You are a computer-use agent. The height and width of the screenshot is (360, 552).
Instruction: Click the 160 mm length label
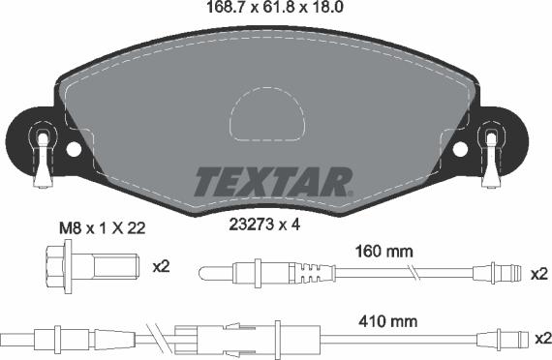[384, 251]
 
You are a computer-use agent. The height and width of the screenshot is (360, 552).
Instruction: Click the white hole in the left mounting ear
[74, 149]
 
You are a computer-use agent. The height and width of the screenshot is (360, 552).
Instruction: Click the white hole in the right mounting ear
[460, 149]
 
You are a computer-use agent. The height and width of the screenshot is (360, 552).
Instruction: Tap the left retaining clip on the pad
[43, 155]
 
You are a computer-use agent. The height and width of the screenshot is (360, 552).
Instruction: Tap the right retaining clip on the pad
[491, 155]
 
